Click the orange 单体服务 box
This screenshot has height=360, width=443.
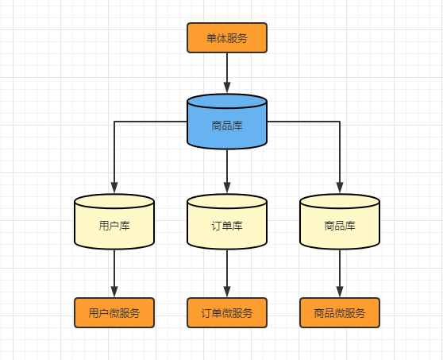(x=227, y=38)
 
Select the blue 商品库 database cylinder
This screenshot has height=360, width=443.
(x=227, y=125)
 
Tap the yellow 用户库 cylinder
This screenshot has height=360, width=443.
(x=114, y=226)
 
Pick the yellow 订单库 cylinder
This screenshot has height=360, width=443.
(x=227, y=226)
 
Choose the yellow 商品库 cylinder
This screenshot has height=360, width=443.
(x=340, y=226)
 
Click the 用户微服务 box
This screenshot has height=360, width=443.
(x=114, y=313)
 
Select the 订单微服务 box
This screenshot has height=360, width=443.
(x=227, y=313)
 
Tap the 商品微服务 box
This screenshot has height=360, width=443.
(x=340, y=313)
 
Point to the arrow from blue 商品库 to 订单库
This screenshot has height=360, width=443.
(x=227, y=168)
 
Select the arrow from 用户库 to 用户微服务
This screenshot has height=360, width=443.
(x=114, y=270)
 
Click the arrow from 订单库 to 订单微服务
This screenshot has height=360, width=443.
(x=227, y=270)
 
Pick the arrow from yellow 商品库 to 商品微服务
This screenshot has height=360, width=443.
(x=340, y=270)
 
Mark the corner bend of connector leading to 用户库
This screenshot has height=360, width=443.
(x=114, y=122)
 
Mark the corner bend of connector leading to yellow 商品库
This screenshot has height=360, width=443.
(x=340, y=122)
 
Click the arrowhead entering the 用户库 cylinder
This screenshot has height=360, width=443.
(x=114, y=188)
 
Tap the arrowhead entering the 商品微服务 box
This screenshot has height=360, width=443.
(x=340, y=292)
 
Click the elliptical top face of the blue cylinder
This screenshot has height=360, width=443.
(x=227, y=101)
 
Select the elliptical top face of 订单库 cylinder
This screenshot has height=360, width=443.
(x=227, y=201)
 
